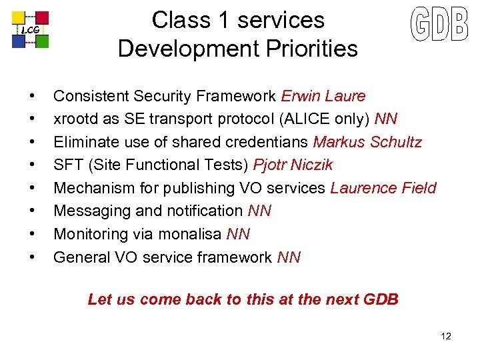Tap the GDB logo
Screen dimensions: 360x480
click(439, 25)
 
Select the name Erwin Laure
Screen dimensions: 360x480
click(323, 96)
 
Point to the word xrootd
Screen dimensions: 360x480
click(75, 119)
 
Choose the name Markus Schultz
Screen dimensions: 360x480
click(367, 142)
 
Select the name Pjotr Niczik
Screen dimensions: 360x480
click(293, 165)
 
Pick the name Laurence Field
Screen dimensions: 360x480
click(383, 188)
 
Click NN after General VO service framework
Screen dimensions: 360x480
click(289, 257)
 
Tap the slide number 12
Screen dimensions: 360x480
click(446, 336)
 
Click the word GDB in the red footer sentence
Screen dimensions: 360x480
click(381, 299)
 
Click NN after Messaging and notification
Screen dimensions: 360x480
click(259, 211)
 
